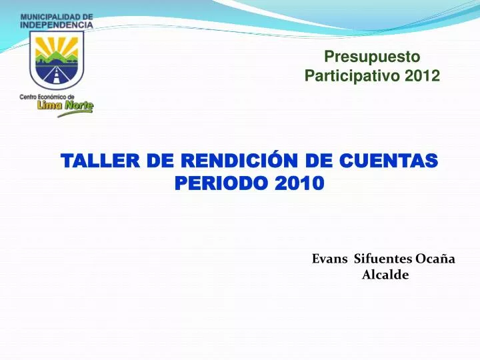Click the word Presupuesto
coord(372,58)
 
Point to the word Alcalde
coord(385,275)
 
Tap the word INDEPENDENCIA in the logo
coord(57,24)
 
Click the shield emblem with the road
coord(57,60)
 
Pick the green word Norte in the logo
coord(79,105)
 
